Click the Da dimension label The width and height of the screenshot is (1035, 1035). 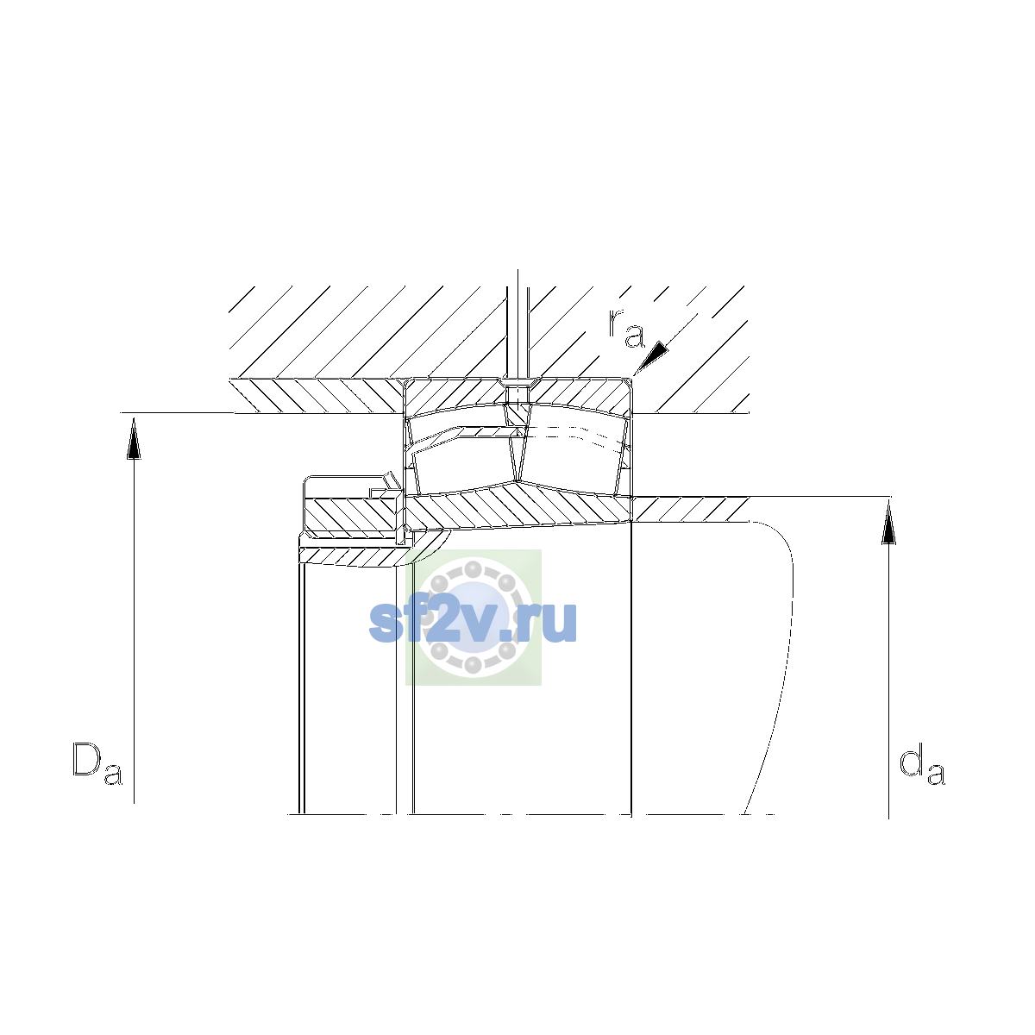click(x=97, y=763)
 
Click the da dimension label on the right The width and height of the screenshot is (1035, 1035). click(x=922, y=763)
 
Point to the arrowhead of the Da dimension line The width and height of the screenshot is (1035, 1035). click(x=134, y=439)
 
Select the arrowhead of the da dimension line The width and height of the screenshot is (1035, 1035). click(x=889, y=522)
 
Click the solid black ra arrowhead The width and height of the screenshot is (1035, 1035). click(x=653, y=358)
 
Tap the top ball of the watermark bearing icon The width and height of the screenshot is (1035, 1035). click(x=473, y=568)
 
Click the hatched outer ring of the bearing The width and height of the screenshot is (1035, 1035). click(x=517, y=397)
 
